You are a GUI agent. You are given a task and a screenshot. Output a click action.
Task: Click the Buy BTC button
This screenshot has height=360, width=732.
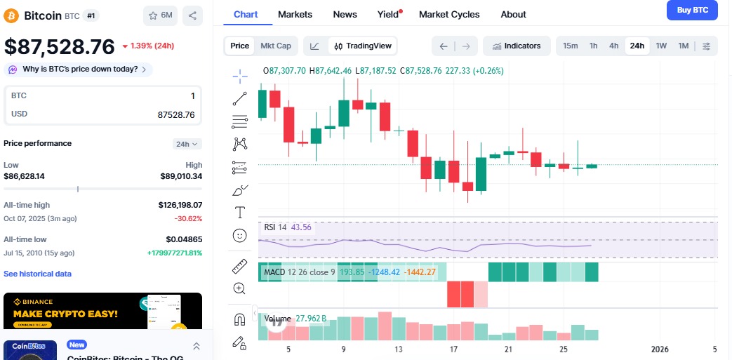click(692, 10)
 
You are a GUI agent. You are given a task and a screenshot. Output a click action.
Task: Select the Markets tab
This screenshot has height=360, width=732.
click(295, 14)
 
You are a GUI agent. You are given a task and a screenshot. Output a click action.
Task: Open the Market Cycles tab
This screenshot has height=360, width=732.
click(449, 14)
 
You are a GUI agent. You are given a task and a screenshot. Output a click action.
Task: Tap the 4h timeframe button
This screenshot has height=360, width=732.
click(613, 46)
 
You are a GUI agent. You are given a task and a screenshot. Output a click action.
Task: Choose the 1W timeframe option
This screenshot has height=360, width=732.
click(661, 46)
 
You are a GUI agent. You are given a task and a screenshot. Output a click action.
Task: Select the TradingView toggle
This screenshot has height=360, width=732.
click(362, 46)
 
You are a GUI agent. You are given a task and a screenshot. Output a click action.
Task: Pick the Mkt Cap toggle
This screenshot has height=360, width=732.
click(276, 46)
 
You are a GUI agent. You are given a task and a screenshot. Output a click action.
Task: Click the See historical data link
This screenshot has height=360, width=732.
click(37, 274)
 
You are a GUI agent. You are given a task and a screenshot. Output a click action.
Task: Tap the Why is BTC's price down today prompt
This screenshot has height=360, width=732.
click(78, 69)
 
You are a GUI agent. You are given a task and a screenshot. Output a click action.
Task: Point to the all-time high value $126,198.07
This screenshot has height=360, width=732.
click(180, 205)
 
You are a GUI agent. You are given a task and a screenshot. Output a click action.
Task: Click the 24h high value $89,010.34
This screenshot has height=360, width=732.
click(181, 176)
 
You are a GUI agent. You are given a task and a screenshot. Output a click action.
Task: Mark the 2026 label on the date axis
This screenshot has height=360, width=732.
click(660, 349)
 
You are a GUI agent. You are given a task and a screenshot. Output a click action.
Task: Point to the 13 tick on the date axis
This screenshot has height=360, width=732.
click(399, 349)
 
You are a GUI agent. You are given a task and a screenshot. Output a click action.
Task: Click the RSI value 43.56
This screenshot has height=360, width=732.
click(301, 227)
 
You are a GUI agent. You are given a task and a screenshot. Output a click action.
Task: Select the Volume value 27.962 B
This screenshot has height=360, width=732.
click(311, 319)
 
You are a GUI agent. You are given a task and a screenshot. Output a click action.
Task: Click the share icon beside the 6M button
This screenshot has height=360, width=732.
click(192, 15)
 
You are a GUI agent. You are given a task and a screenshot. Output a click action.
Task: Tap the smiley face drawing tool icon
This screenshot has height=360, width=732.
click(240, 236)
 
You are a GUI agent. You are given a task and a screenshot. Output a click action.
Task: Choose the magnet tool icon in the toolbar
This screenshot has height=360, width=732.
click(240, 319)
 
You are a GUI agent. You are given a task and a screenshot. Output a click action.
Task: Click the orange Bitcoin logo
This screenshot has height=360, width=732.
click(12, 15)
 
